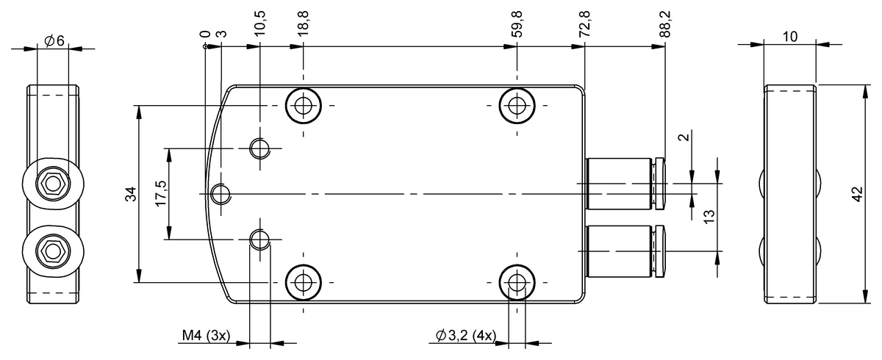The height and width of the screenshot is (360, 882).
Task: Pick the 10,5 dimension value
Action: tap(261, 24)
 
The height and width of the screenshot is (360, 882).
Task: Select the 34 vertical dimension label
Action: tap(131, 194)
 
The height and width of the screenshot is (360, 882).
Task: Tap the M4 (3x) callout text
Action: tap(207, 336)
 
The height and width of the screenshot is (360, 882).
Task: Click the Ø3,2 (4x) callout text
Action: tap(465, 336)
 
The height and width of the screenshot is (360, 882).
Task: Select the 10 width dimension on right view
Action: tap(790, 35)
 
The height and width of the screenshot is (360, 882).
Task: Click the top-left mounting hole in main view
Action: tap(302, 105)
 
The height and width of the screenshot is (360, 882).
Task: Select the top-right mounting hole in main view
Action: tap(517, 105)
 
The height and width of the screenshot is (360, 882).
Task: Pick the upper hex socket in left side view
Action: tap(51, 182)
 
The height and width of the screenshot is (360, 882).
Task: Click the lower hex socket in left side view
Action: tap(51, 252)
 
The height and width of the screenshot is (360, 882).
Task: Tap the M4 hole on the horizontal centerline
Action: tap(220, 194)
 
